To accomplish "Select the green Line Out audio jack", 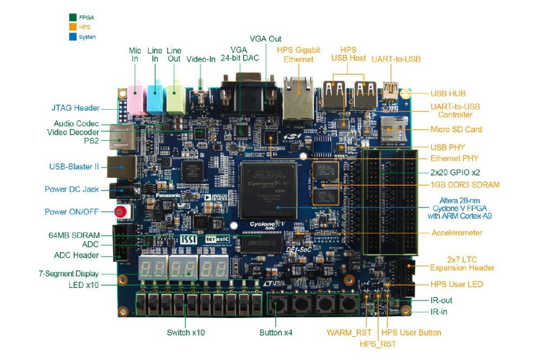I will point(174,95).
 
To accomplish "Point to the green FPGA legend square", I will point(72,17).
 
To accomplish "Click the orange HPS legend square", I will point(72,27).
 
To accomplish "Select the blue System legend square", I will point(72,37).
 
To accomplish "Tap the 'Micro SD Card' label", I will point(456,130).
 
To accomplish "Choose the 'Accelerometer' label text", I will point(457,233).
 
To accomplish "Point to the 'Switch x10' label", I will point(185,333).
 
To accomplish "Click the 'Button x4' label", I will point(276,333).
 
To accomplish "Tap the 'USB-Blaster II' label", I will point(74,167).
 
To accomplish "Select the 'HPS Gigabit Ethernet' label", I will point(298,55).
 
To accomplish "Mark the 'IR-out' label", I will point(441,300).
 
